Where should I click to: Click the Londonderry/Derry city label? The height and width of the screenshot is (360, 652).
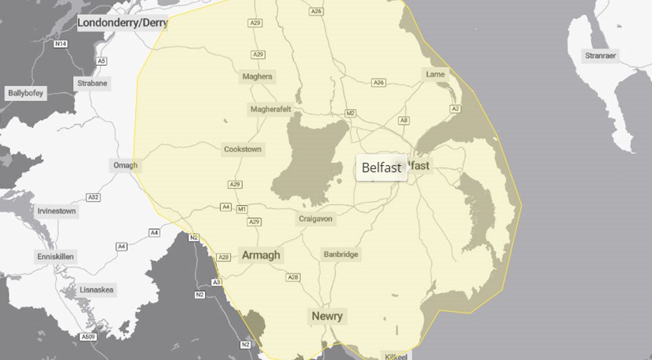(122, 23)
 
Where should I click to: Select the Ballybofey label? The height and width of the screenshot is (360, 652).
(26, 93)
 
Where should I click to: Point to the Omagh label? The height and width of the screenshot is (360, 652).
(125, 165)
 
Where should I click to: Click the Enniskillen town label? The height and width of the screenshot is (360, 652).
(55, 257)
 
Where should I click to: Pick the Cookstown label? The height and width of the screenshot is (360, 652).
(242, 149)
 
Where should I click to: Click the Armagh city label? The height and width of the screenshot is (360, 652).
(260, 255)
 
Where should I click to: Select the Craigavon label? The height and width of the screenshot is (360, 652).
(316, 219)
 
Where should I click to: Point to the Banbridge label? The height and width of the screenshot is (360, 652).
(341, 254)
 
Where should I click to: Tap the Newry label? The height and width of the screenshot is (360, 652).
(327, 316)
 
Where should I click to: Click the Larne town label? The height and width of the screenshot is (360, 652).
(436, 74)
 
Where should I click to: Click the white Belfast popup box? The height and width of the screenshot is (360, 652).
(381, 168)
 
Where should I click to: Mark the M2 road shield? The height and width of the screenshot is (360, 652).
(350, 113)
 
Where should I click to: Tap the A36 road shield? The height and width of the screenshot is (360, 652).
(379, 83)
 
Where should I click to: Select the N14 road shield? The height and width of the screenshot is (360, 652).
(60, 44)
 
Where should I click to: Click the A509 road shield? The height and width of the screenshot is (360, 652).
(88, 336)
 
